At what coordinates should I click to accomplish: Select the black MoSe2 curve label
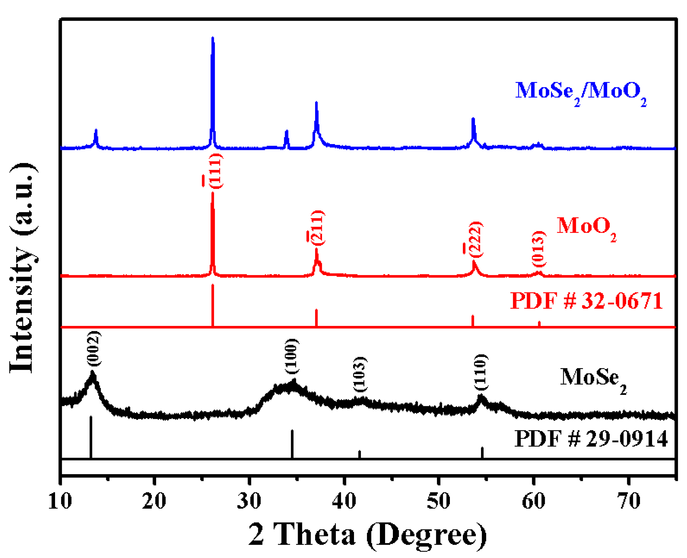(593, 379)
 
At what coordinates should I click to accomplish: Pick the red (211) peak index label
(317, 228)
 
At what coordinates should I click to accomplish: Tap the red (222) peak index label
(475, 240)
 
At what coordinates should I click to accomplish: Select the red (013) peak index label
(539, 249)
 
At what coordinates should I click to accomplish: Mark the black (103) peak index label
(359, 374)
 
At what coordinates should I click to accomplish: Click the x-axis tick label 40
(344, 501)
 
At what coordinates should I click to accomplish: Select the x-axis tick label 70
(628, 501)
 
